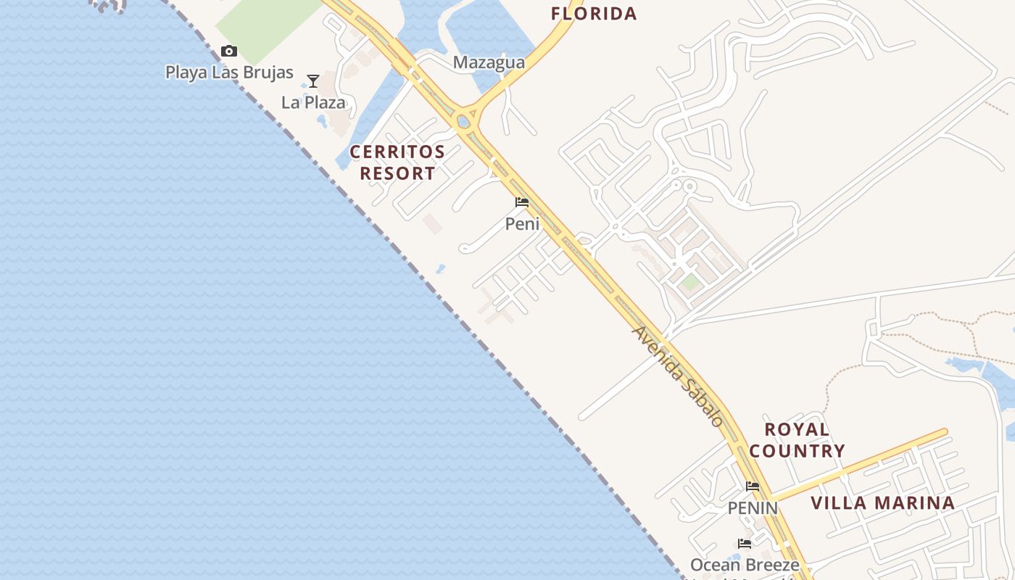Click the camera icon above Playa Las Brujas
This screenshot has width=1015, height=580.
[x=229, y=51]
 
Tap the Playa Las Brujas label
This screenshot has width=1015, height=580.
[x=229, y=72]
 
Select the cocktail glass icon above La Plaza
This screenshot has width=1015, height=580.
[x=313, y=80]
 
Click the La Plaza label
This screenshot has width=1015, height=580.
[x=313, y=102]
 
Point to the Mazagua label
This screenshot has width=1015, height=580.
[x=489, y=63]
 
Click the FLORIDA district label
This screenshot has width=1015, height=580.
[x=594, y=14]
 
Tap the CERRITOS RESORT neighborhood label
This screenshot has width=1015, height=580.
[x=397, y=162]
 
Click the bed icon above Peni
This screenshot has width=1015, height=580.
[x=522, y=202]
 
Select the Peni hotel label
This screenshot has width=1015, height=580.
[x=522, y=224]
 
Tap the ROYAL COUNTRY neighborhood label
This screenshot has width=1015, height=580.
[x=797, y=440]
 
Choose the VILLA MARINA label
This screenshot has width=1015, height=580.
[x=882, y=503]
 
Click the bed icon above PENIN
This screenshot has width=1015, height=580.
[x=753, y=486]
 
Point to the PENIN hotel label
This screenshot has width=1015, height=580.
[x=753, y=508]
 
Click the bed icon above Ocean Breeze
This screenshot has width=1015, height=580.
[x=745, y=543]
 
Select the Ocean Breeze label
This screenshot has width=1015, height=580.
[x=745, y=565]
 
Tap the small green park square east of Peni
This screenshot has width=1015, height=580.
[x=690, y=282]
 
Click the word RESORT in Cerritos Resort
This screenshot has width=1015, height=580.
[x=397, y=174]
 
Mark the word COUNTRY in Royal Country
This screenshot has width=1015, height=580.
[x=797, y=451]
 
